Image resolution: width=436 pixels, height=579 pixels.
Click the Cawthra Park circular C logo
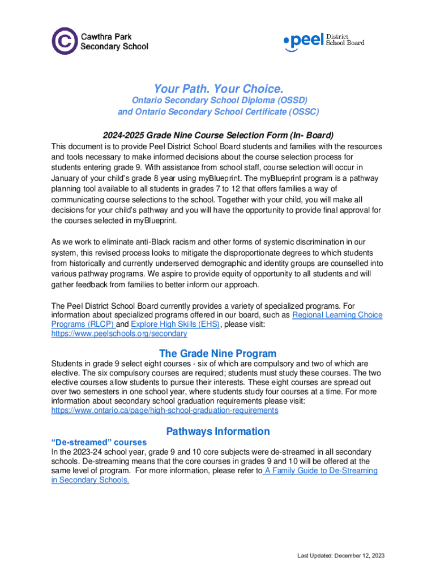[65, 41]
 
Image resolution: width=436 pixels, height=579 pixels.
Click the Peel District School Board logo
[324, 41]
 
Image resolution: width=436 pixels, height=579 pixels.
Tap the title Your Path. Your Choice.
[218, 89]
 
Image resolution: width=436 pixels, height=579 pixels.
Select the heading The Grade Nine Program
[218, 353]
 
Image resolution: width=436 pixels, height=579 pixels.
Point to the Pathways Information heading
[218, 431]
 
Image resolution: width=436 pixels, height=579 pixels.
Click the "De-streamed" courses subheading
[99, 442]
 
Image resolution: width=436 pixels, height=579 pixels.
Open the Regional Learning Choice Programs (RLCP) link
[336, 315]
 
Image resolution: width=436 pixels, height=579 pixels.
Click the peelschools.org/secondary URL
[119, 334]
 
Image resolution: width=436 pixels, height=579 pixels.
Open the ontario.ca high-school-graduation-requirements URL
[165, 410]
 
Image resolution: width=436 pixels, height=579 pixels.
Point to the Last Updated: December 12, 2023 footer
[341, 556]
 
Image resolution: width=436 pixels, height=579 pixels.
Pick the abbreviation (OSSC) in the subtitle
[300, 111]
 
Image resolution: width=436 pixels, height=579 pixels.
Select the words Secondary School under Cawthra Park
[114, 47]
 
